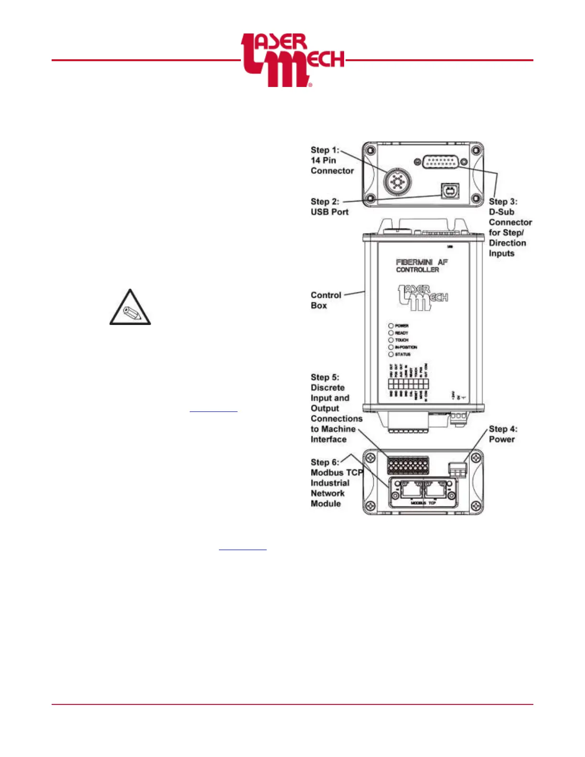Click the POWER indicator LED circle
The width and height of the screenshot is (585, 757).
(x=390, y=325)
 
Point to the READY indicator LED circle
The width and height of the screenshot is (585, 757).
(x=390, y=333)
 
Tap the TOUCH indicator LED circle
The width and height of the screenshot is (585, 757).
(x=390, y=340)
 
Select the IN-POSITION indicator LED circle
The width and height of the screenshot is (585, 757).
(x=390, y=347)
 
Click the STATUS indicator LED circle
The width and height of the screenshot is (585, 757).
(x=390, y=354)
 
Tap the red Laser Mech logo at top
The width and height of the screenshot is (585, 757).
(x=292, y=60)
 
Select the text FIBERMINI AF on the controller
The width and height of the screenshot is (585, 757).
(x=422, y=262)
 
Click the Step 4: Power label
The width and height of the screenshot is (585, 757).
(x=502, y=434)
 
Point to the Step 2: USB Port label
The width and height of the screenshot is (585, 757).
(x=329, y=206)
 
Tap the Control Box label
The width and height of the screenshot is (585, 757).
(x=325, y=300)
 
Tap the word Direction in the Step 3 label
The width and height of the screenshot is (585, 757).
(x=507, y=243)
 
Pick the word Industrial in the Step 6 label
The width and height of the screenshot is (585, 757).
(x=330, y=483)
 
